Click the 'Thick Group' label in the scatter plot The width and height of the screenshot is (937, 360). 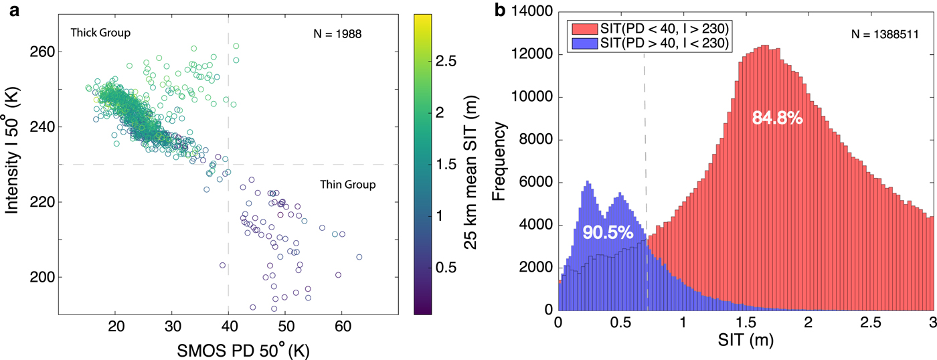pos(100,32)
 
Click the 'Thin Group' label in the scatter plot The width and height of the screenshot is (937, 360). pos(347,185)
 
